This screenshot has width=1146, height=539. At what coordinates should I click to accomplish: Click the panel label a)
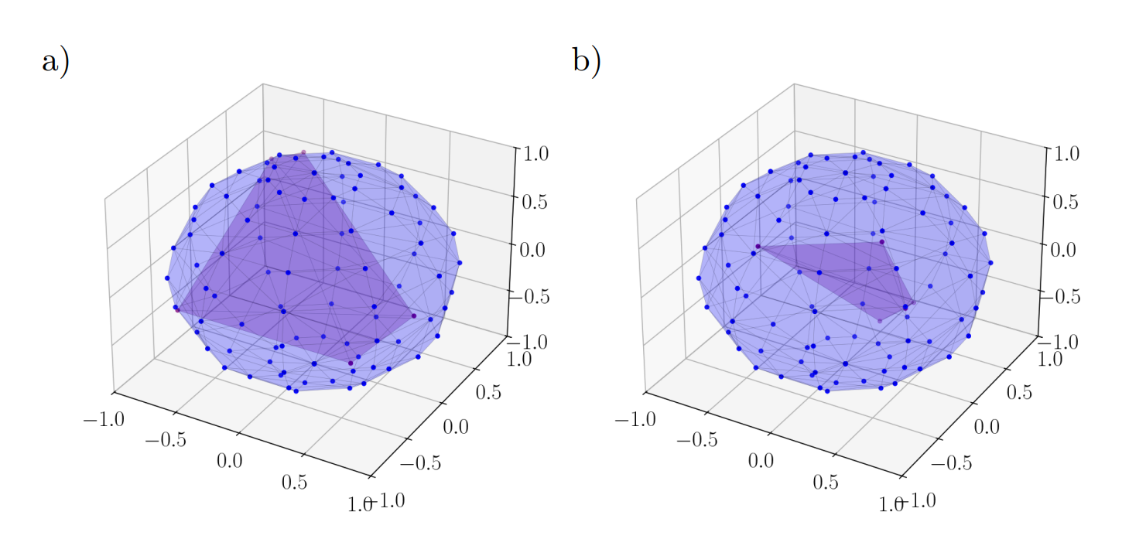tap(55, 61)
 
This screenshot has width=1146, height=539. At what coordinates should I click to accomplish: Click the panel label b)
tap(587, 61)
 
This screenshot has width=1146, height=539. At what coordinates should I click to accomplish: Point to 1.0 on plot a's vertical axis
tap(533, 153)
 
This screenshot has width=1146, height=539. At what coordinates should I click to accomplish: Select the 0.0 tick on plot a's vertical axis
tap(533, 249)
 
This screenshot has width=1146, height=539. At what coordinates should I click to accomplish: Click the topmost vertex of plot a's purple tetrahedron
tap(303, 152)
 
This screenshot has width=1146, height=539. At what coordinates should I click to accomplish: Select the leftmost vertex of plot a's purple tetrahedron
tap(177, 309)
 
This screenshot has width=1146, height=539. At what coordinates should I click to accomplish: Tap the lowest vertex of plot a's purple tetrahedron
tap(351, 363)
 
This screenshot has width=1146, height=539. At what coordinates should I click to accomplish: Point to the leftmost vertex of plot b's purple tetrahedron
tap(758, 247)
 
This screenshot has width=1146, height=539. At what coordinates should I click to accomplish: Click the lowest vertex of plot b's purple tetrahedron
tap(880, 320)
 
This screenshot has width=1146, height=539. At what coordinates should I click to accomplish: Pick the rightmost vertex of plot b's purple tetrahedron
tap(913, 303)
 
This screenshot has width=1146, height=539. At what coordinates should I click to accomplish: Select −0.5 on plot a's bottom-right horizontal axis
tap(420, 462)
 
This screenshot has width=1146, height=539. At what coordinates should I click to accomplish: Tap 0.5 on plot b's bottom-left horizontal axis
tap(826, 482)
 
